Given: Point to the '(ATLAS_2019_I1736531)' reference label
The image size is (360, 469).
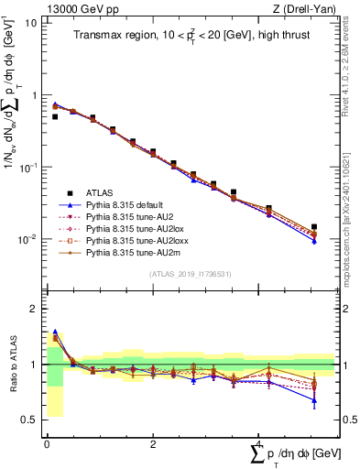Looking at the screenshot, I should pyautogui.click(x=190, y=274).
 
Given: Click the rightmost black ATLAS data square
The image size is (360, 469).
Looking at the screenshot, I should pyautogui.click(x=314, y=227).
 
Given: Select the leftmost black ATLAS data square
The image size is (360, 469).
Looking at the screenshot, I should pyautogui.click(x=55, y=117).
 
